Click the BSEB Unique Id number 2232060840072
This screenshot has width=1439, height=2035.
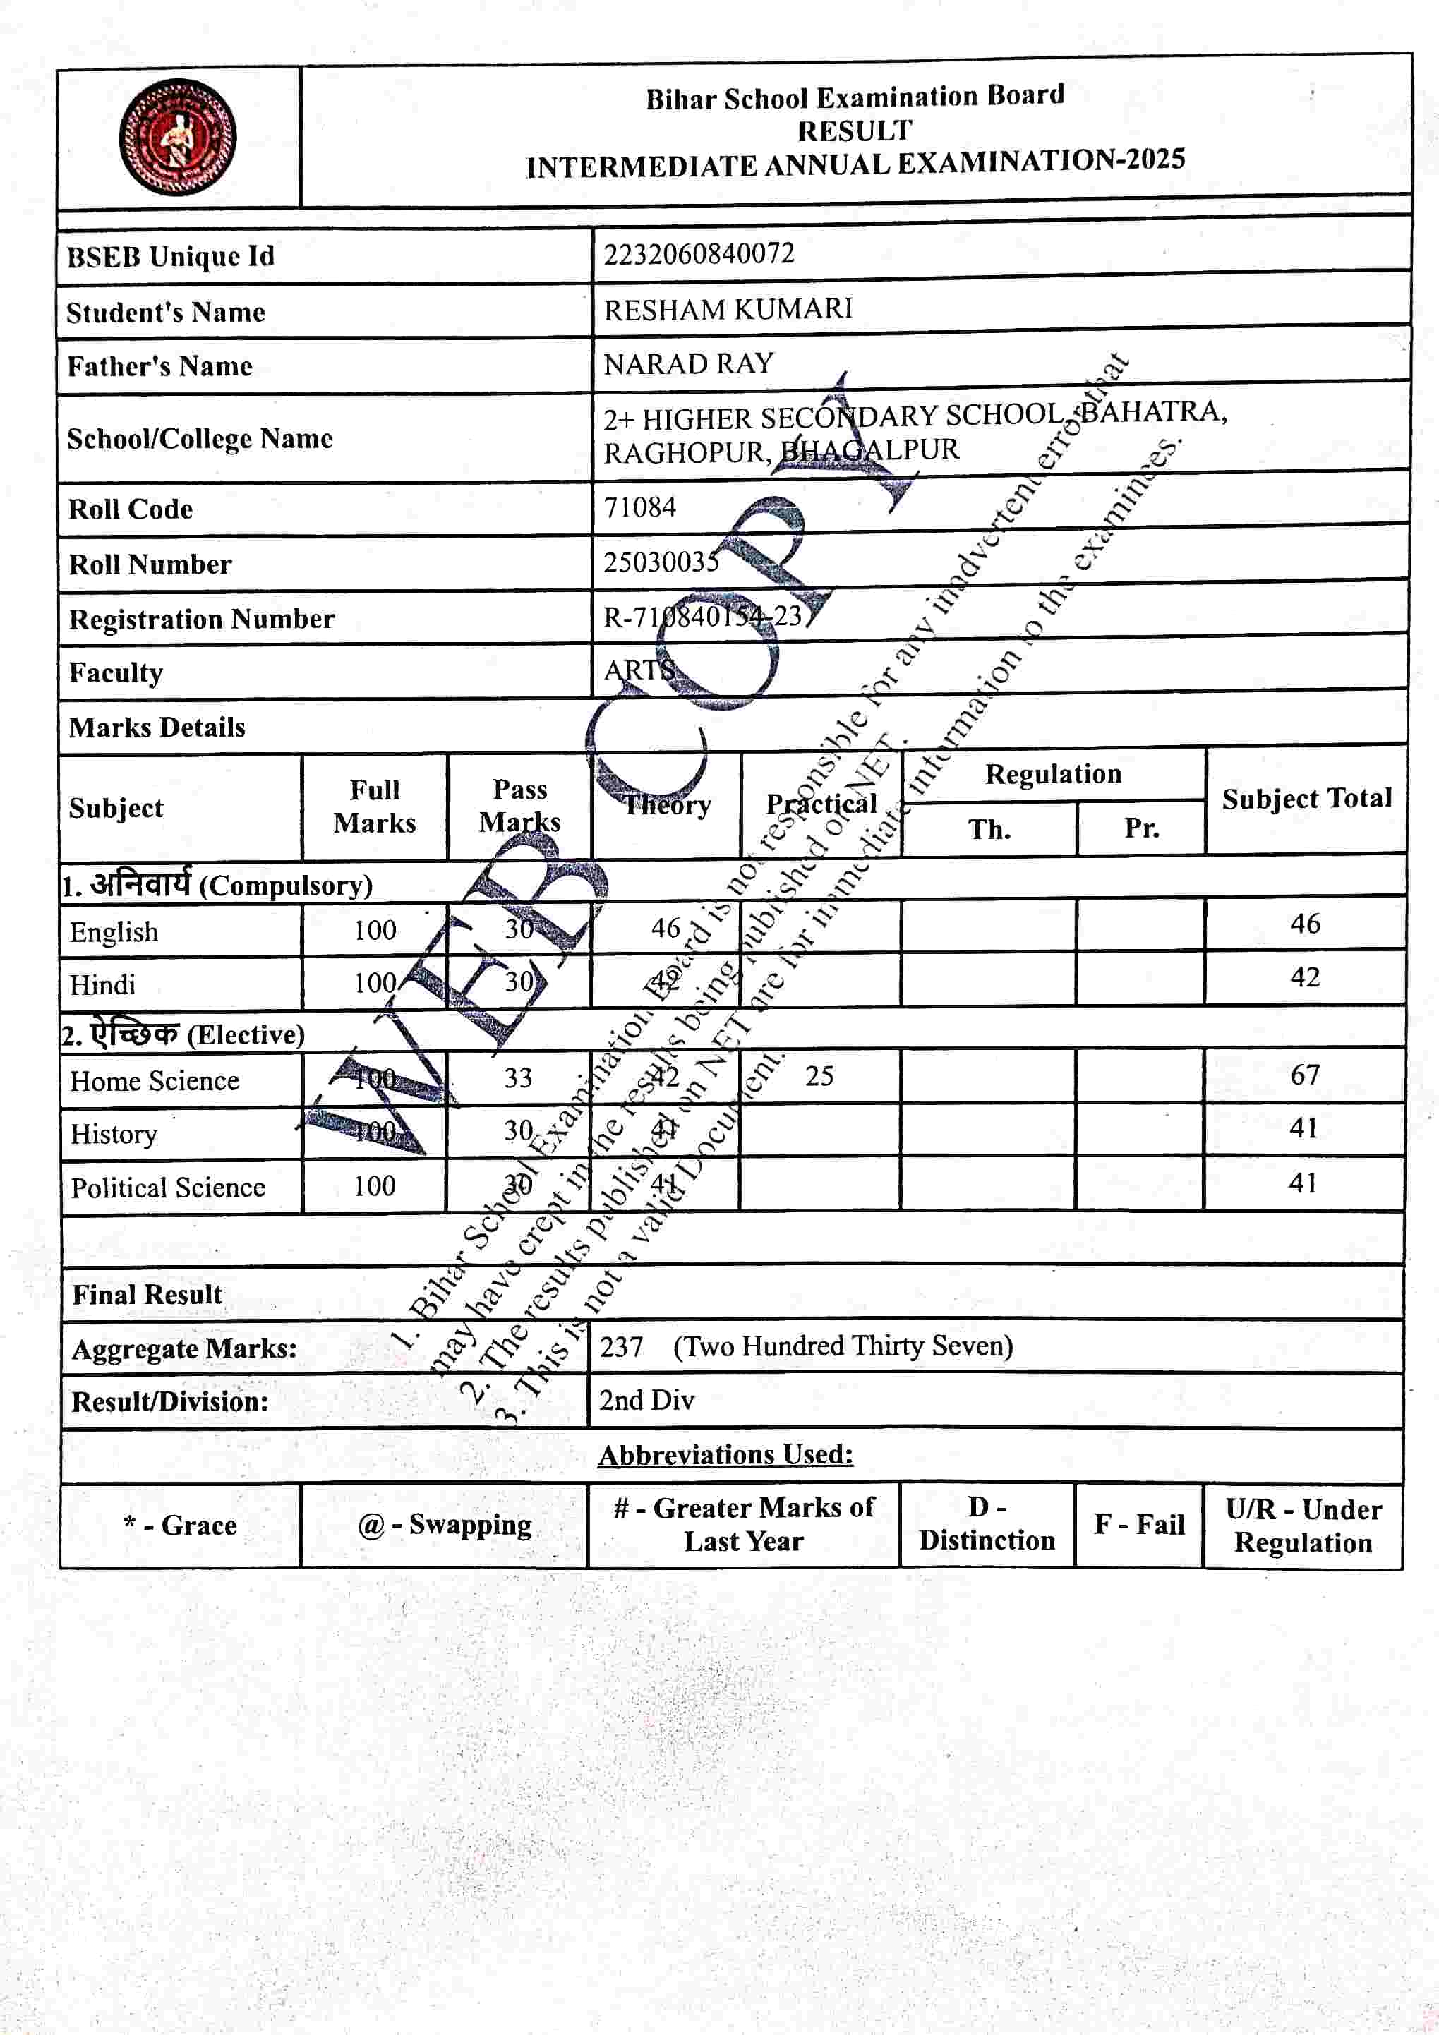click(x=699, y=254)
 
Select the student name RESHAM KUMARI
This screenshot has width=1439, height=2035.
click(x=728, y=309)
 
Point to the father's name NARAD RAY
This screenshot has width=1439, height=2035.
click(x=689, y=363)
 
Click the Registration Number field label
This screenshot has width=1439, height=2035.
click(x=201, y=619)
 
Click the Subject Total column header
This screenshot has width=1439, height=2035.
click(x=1306, y=799)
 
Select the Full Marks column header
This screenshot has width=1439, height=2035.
click(x=374, y=806)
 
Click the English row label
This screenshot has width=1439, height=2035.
click(x=114, y=931)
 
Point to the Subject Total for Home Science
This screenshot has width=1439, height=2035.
click(x=1304, y=1075)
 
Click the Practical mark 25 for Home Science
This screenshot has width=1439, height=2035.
click(x=819, y=1076)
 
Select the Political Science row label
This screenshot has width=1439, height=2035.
click(x=167, y=1187)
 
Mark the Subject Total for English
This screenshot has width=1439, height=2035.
click(x=1305, y=924)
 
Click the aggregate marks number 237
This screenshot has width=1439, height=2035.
click(x=620, y=1347)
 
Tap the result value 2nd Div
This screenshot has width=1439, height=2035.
click(x=646, y=1401)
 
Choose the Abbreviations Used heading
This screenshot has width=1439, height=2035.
click(x=725, y=1454)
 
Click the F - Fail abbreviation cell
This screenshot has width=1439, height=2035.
click(x=1138, y=1524)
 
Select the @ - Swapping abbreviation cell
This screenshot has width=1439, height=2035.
click(x=444, y=1524)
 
